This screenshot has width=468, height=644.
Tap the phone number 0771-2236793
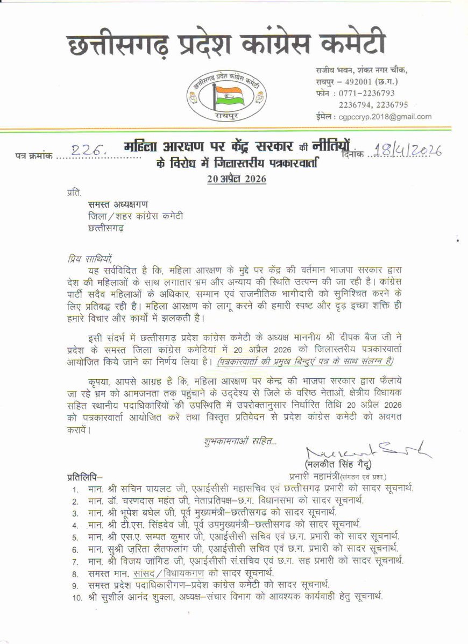tap(374, 93)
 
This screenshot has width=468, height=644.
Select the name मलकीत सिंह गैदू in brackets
tap(337, 464)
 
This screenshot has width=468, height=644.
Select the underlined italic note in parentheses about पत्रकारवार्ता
tap(305, 362)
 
